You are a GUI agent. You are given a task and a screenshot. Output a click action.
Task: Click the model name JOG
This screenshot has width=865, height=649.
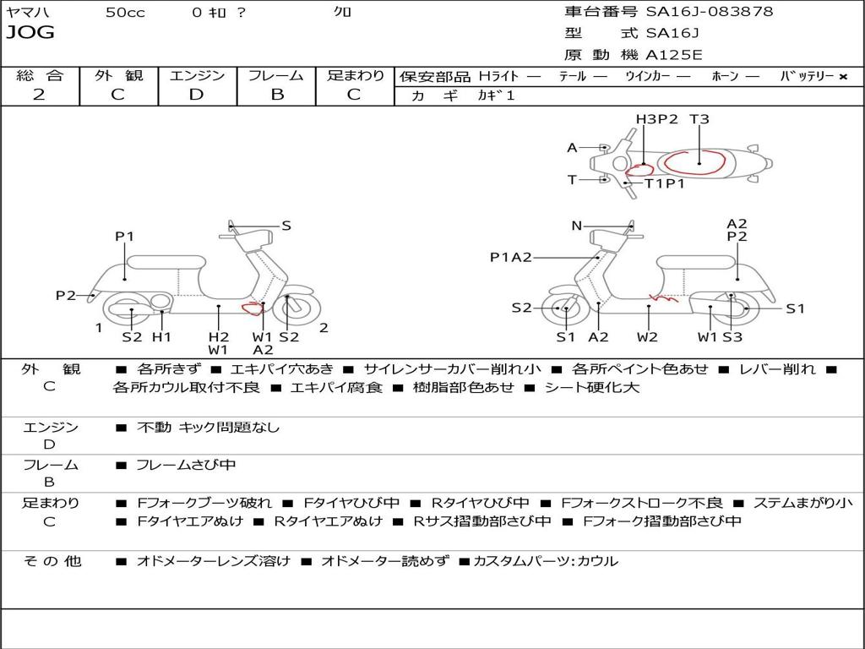click(x=30, y=33)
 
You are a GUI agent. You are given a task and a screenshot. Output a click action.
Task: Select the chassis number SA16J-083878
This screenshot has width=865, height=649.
click(x=709, y=12)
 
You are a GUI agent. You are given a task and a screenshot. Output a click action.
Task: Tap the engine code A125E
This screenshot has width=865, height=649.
click(x=674, y=55)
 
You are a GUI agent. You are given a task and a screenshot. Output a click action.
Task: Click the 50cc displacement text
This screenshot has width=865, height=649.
click(x=125, y=13)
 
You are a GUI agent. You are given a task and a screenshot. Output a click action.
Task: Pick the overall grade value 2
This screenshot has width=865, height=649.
click(x=39, y=95)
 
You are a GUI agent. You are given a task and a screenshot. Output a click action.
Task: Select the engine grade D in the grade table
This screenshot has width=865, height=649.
click(x=196, y=95)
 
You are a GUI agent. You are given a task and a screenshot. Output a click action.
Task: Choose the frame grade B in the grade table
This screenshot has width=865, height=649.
click(x=277, y=95)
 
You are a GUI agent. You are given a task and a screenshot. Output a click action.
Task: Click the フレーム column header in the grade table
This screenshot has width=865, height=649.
click(x=276, y=75)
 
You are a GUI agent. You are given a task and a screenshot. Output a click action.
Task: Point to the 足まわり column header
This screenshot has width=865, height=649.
click(x=356, y=75)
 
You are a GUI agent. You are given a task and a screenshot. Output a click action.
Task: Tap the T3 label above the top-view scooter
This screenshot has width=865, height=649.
click(x=699, y=119)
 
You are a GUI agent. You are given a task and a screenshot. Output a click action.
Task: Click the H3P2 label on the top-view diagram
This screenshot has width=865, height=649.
click(x=657, y=119)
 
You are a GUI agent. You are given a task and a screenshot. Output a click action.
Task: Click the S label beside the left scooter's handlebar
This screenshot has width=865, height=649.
click(x=286, y=226)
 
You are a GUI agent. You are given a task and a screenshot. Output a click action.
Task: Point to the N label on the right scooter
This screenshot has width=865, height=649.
click(x=577, y=226)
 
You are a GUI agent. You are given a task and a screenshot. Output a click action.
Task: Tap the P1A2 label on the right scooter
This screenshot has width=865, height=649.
click(x=511, y=257)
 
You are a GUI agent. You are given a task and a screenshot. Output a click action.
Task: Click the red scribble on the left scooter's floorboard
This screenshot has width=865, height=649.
click(x=251, y=308)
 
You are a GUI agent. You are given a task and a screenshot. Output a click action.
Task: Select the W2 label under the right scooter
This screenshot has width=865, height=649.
click(x=648, y=337)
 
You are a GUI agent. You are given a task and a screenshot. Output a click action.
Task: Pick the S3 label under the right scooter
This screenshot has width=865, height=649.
click(x=732, y=337)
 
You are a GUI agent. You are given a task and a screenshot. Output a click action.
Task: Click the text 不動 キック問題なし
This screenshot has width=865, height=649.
click(x=208, y=428)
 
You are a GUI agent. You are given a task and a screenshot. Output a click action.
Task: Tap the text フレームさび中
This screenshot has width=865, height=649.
click(x=186, y=465)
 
